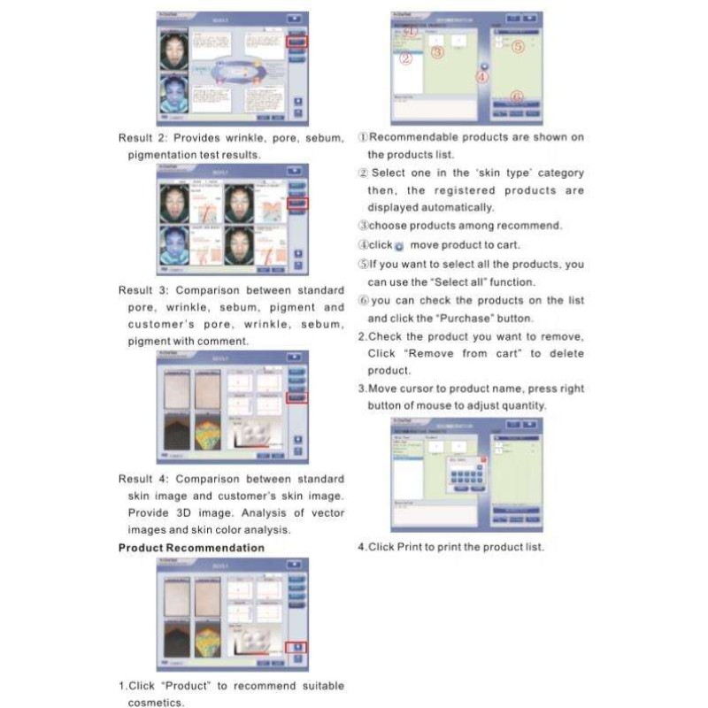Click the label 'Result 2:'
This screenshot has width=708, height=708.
tap(142, 138)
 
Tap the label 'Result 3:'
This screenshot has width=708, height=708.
tap(142, 290)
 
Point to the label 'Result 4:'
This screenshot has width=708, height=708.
tap(142, 480)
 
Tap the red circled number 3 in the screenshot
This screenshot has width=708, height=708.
tap(437, 52)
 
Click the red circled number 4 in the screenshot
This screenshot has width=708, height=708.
tap(482, 77)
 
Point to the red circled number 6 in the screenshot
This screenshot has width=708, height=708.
tap(517, 96)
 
